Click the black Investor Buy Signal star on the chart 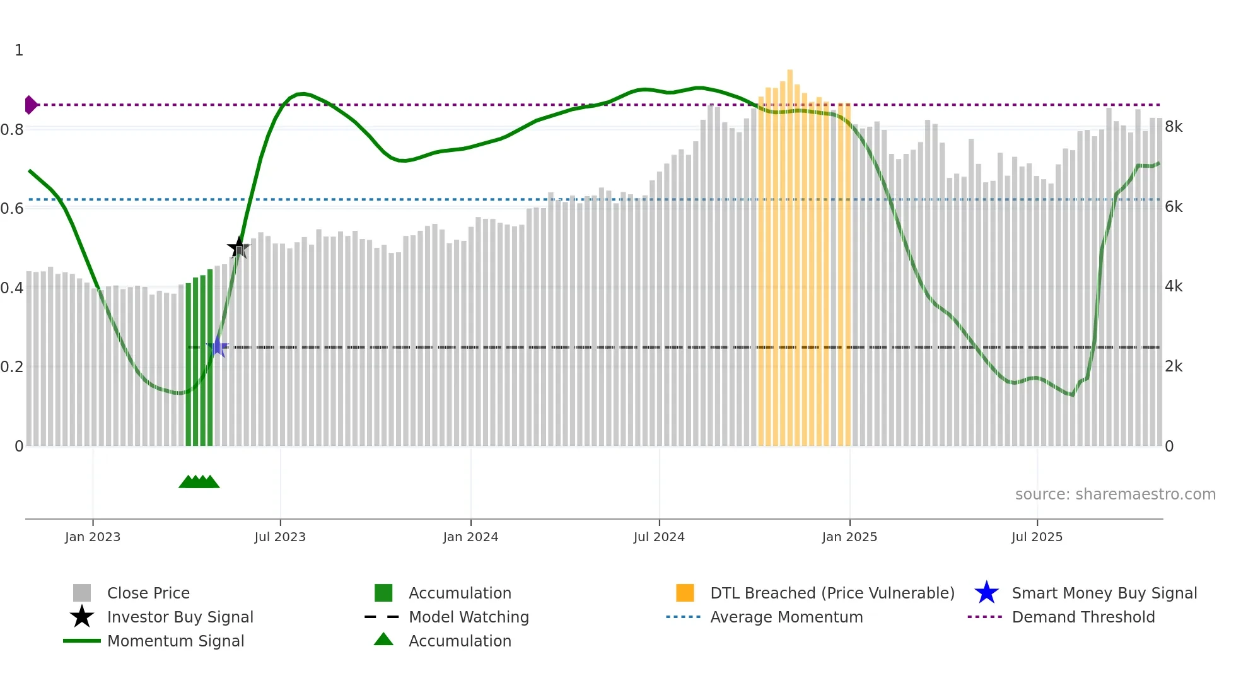pos(238,248)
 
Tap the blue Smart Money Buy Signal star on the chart pos(218,347)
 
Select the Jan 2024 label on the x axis pos(470,537)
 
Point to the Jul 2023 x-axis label pos(280,537)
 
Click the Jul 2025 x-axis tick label pos(1037,537)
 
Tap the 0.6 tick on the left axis pos(12,208)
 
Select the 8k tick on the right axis pos(1174,127)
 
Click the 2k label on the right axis pos(1174,366)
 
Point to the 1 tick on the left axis pos(19,50)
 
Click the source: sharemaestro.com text pos(1115,494)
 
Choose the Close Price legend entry pos(148,593)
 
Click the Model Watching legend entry pos(469,617)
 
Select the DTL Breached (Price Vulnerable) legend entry pos(832,593)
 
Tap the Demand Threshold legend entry pos(1083,617)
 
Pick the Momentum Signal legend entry pos(175,641)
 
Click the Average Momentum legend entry pos(786,617)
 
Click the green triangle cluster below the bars pos(199,482)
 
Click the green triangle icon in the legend pos(383,640)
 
